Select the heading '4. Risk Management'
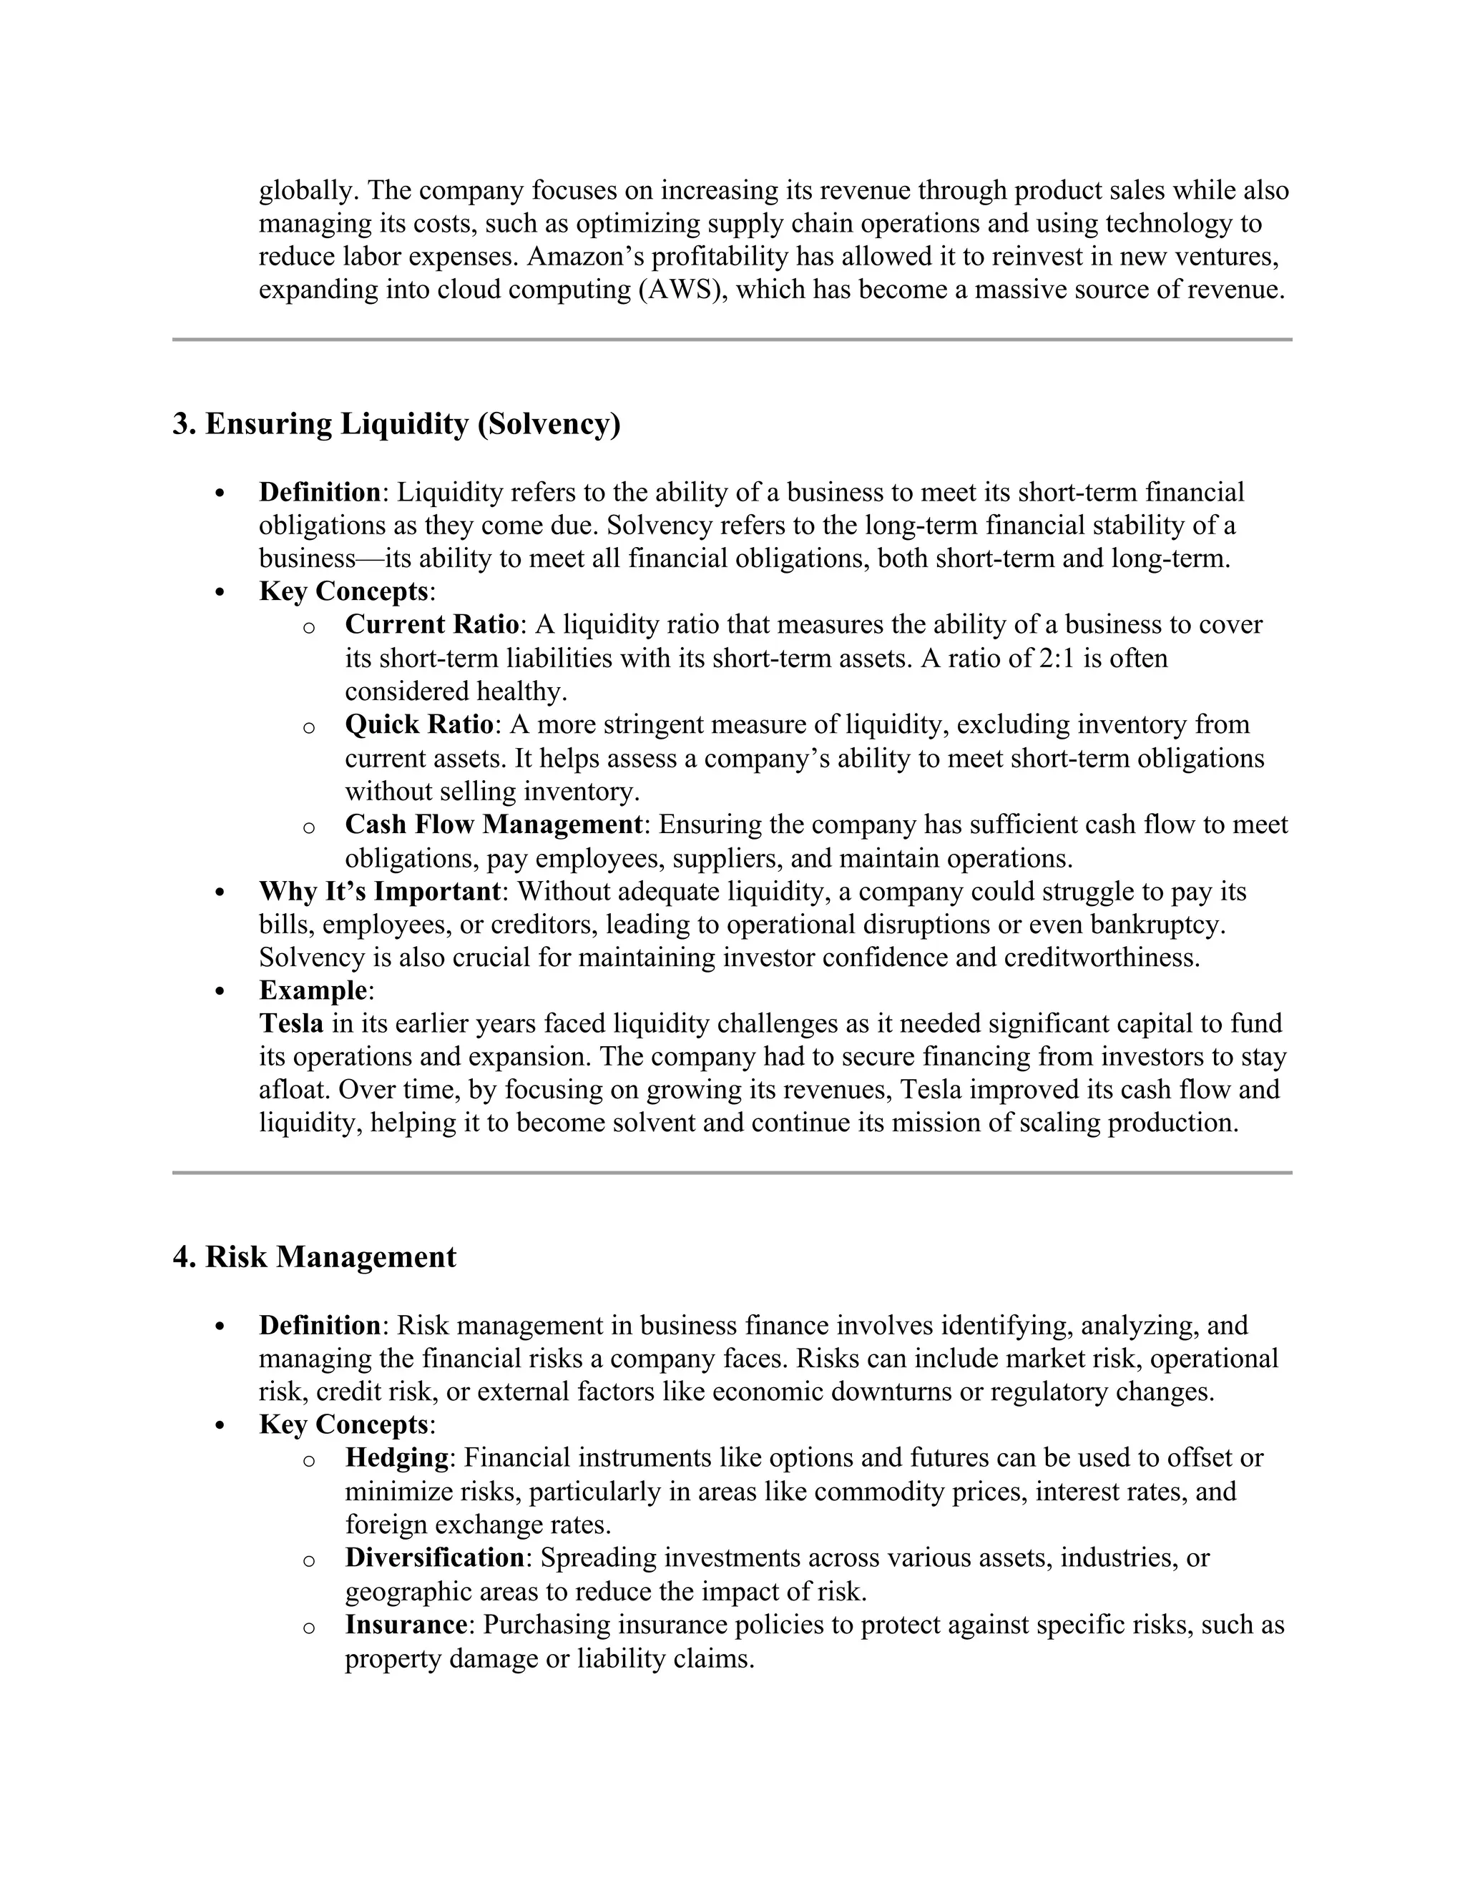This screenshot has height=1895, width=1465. pyautogui.click(x=314, y=1257)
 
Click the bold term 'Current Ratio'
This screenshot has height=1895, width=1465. pyautogui.click(x=431, y=625)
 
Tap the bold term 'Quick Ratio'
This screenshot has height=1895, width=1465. pyautogui.click(x=419, y=724)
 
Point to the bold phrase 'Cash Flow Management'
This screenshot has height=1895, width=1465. pyautogui.click(x=493, y=825)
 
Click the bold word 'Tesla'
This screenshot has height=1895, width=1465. pyautogui.click(x=290, y=1024)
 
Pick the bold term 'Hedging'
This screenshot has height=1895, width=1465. pyautogui.click(x=396, y=1457)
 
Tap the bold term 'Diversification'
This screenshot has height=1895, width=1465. pyautogui.click(x=434, y=1557)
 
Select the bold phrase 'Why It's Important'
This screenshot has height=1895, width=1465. pyautogui.click(x=379, y=891)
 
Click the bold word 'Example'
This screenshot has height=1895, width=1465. pyautogui.click(x=313, y=991)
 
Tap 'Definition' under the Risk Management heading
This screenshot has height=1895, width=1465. pyautogui.click(x=319, y=1325)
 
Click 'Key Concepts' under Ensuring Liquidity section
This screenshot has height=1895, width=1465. pyautogui.click(x=343, y=592)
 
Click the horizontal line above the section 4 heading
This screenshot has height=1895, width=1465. pyautogui.click(x=732, y=1173)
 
